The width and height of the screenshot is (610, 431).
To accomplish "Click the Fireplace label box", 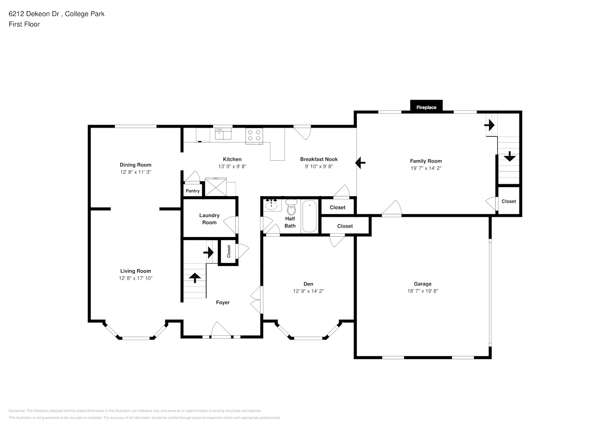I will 426,107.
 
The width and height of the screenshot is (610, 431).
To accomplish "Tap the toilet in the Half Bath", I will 291,208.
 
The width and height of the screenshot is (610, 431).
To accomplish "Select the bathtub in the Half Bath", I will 309,216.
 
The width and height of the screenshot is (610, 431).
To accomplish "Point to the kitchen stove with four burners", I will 254,135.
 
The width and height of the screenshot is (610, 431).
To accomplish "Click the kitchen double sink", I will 223,134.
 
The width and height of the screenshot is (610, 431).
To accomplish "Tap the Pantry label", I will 192,191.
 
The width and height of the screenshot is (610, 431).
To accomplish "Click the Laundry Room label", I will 209,219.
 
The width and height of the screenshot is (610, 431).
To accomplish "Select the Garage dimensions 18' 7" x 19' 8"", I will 422,291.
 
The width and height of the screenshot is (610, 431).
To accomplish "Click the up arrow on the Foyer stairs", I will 194,278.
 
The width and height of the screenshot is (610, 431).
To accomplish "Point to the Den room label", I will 308,284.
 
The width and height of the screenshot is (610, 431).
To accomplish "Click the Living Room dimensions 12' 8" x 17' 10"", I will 135,278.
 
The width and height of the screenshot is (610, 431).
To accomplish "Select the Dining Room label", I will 135,165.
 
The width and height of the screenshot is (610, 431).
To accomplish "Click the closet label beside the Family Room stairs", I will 509,201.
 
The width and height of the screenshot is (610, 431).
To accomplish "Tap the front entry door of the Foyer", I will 221,335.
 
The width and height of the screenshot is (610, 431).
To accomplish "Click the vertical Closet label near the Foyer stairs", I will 229,251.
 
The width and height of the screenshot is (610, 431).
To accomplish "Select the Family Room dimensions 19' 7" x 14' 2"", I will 426,169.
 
